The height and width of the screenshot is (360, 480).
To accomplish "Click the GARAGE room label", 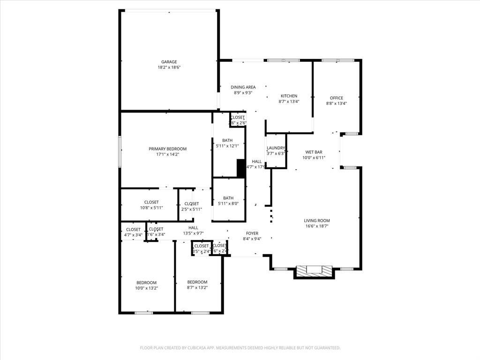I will (169, 62).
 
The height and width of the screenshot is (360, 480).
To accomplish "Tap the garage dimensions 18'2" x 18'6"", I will (169, 67).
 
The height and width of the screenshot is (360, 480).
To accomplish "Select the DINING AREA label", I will (243, 87).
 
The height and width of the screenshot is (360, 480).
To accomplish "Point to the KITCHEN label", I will (289, 96).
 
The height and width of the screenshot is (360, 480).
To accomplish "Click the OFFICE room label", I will (336, 98).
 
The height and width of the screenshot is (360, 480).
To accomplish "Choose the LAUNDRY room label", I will (276, 148).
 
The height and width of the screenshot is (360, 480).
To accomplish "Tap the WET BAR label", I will (314, 152).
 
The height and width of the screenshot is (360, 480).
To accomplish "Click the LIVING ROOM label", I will (317, 221).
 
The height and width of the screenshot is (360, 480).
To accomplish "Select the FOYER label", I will (252, 233).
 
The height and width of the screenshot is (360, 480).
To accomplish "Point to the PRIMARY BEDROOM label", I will (168, 149).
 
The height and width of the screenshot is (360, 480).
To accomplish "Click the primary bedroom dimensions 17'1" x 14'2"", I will (168, 154).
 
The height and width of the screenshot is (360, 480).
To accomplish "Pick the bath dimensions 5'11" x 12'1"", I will (228, 146).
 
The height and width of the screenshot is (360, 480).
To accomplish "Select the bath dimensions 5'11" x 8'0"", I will (228, 203).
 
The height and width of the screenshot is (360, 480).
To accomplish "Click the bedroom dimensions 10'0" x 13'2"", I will (147, 288).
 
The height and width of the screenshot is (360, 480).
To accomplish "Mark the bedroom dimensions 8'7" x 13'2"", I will (197, 288).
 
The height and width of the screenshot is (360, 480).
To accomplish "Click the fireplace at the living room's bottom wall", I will (314, 271).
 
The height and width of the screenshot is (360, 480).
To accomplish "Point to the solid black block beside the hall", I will (241, 168).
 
